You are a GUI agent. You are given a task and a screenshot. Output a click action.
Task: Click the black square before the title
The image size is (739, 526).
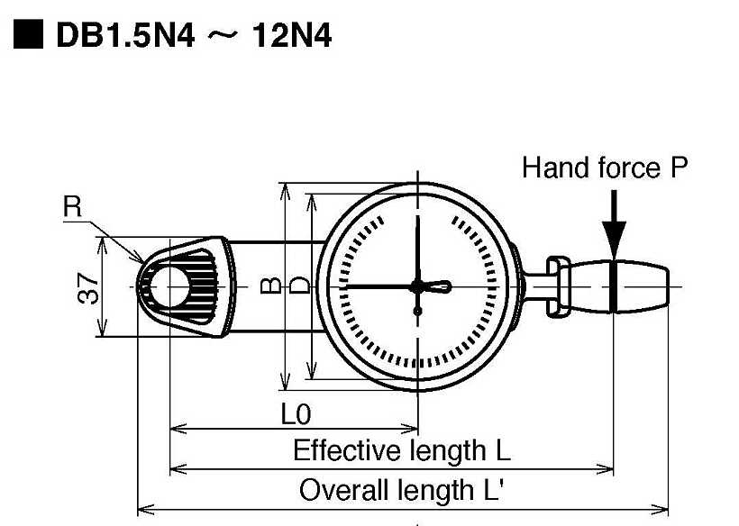pos(28,34)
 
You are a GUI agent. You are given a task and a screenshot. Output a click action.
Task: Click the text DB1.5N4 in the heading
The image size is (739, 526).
pos(125,35)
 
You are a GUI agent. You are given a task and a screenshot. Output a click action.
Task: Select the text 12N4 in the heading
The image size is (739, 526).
pos(292,35)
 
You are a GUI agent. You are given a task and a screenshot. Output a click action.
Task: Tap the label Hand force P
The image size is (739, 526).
pos(605,168)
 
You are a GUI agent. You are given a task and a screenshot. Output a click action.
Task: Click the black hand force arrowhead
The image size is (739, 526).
pos(614,240)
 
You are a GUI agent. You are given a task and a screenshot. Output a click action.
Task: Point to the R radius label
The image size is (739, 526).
pos(72,207)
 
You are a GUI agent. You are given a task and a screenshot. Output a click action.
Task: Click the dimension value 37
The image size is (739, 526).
pos(88,289)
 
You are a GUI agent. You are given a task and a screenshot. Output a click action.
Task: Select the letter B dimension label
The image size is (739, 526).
pos(271,286)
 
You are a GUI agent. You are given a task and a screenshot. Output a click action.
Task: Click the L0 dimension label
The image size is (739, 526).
pos(296,414)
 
